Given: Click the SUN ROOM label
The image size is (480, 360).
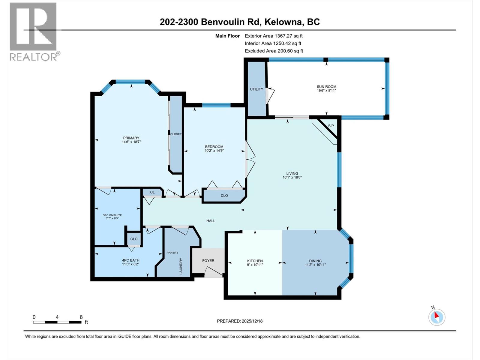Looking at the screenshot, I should point(326,87).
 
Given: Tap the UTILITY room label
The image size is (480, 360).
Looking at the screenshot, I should point(256,89).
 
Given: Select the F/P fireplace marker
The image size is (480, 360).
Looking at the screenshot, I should point(331,126).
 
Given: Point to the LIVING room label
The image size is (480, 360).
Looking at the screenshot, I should point(292,173).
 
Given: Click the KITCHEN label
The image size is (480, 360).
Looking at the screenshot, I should point(255,261).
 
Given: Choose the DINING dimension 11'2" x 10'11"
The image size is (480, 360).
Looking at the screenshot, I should point(315,265).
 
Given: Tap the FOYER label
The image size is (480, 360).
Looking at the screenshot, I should point(208,260).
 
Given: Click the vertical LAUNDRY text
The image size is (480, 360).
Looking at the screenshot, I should point(181,266).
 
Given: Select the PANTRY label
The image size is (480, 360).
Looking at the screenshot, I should point(172,253).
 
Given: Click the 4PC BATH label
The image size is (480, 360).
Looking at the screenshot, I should point(130,260).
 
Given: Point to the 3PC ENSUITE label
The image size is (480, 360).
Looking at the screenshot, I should point(112,215).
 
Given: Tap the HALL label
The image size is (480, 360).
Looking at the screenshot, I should point(211,221).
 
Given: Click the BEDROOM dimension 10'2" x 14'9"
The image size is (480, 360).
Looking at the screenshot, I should point(214,151).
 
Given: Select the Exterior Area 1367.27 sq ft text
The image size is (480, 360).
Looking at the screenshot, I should point(274,36).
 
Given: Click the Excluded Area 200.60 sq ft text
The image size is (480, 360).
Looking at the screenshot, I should point(274,51).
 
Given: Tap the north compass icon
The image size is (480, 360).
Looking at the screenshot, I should point(436,317).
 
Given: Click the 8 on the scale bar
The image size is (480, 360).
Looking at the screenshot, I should point(81,317).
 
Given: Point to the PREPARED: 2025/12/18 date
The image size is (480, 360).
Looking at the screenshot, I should point(240,321).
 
